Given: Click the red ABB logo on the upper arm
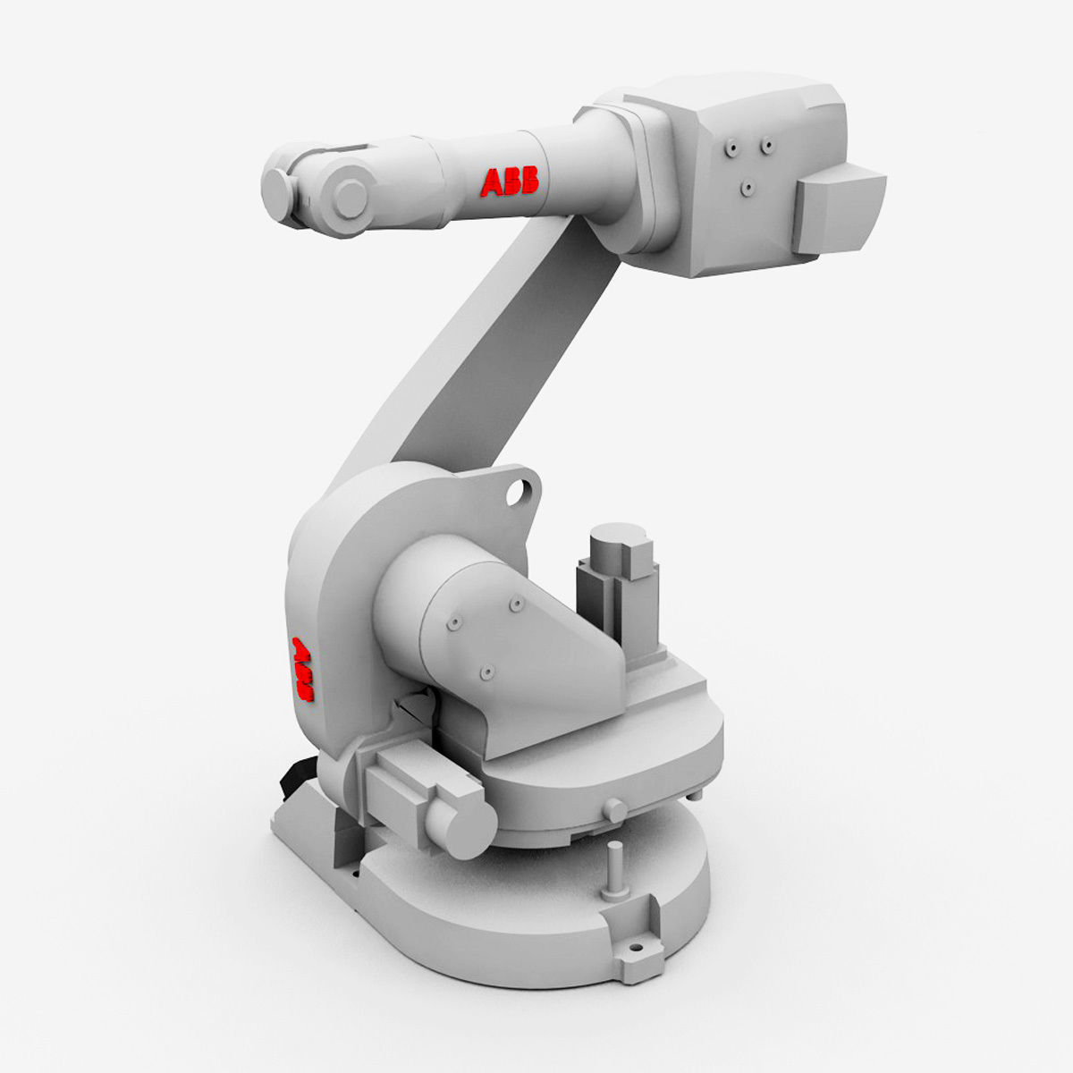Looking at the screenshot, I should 510,181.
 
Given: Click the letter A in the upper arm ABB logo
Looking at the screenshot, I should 492,182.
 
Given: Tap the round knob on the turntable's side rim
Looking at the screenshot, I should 614,809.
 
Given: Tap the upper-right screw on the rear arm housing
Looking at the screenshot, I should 766,142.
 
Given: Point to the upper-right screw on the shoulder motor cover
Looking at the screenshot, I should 515,605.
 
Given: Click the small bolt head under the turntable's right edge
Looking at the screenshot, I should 697,795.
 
